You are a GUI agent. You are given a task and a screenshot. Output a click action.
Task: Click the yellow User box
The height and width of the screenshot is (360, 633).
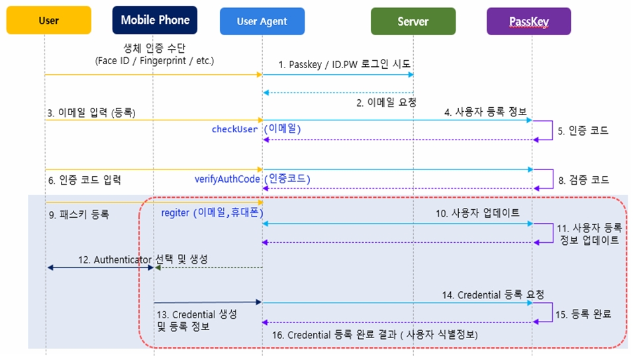coord(48,20)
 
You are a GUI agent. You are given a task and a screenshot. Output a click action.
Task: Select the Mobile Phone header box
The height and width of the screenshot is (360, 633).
coord(155,20)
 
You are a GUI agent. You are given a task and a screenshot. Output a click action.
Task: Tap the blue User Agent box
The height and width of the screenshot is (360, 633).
coord(262,21)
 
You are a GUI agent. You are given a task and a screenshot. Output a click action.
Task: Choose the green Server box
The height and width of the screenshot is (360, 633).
coord(413,21)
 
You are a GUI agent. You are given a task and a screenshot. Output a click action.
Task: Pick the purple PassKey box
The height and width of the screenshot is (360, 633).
coord(529,21)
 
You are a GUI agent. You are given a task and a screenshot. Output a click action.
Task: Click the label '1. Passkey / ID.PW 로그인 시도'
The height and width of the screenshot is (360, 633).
coord(344,64)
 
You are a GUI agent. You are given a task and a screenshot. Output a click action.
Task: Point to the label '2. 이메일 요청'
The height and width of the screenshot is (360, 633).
coord(386,103)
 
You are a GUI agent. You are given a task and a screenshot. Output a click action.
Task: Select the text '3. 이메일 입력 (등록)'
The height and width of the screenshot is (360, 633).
coord(91,112)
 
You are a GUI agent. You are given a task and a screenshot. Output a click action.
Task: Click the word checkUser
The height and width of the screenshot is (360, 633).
coord(234,129)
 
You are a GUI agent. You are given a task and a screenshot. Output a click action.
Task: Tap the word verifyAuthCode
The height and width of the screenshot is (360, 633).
coord(227,179)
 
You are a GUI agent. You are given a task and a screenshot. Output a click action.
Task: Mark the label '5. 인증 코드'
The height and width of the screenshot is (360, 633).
coord(583,131)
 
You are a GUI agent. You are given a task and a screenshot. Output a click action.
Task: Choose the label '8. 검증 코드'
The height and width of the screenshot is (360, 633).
coord(583,180)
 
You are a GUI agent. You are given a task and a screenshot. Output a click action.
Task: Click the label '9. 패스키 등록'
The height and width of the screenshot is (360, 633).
coord(79,214)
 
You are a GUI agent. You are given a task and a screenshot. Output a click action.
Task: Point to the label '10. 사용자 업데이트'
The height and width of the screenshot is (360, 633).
coord(477,213)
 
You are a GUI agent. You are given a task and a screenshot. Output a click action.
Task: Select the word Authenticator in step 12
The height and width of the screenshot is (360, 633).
coord(122,259)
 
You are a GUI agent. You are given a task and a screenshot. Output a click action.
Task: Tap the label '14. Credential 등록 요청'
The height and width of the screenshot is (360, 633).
coord(493,295)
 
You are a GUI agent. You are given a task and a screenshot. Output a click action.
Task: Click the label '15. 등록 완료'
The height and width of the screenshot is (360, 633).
coord(583,314)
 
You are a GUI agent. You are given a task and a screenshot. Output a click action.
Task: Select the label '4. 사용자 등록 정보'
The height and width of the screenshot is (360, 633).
coord(485,112)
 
